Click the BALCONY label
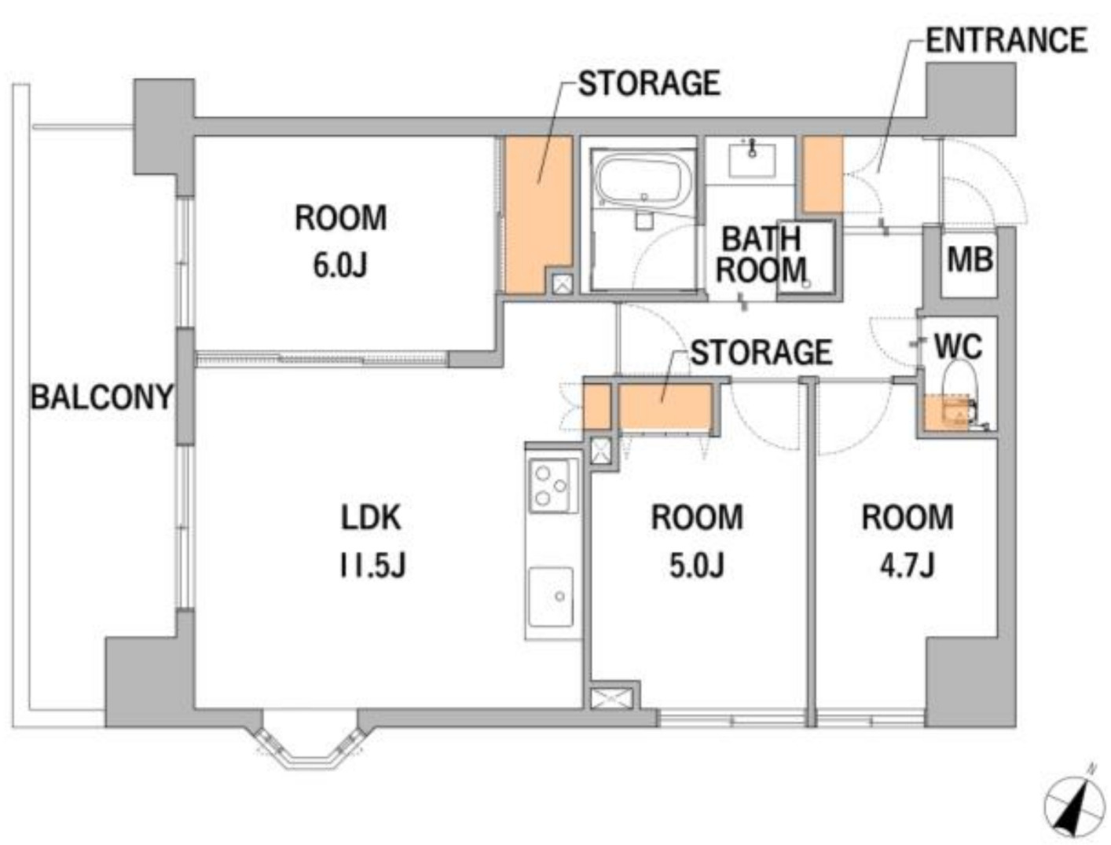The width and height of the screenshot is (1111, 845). (101, 397)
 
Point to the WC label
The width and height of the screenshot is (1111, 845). (958, 346)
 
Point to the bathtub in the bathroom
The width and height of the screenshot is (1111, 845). (643, 181)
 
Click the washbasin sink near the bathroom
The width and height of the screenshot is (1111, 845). (752, 159)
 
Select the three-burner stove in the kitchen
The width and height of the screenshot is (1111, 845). (552, 485)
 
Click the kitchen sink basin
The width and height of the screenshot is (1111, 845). (552, 597)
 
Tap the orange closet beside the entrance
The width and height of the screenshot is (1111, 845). (823, 174)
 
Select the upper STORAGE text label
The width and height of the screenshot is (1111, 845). (649, 83)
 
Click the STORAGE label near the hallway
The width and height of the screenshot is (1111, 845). (761, 352)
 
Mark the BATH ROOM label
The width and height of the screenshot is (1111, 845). (761, 254)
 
